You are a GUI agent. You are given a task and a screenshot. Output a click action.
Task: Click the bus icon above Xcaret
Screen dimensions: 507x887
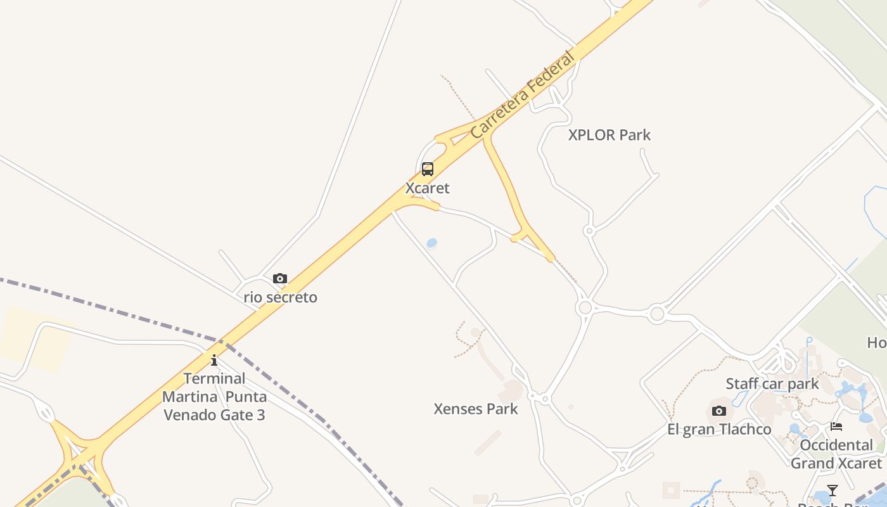(428, 169)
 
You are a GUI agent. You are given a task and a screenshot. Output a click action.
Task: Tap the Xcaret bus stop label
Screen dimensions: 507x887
(428, 188)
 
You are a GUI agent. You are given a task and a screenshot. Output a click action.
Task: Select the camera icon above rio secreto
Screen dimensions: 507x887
(280, 279)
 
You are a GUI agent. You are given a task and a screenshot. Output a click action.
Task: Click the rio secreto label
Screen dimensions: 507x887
(281, 297)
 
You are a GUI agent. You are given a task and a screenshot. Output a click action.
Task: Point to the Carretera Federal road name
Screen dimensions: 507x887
(523, 94)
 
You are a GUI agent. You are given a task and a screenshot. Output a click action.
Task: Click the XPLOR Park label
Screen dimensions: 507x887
(609, 135)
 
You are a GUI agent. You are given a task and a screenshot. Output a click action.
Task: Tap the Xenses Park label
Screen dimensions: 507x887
(476, 409)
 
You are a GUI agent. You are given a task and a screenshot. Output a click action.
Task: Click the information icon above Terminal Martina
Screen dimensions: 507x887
(214, 361)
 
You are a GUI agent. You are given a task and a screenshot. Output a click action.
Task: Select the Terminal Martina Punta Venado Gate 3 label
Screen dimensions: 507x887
(214, 397)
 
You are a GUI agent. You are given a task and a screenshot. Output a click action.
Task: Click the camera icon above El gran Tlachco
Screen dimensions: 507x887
(718, 411)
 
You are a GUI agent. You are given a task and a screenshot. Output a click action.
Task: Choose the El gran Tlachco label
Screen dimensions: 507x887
(719, 430)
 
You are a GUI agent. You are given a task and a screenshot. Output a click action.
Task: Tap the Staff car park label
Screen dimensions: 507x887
(772, 384)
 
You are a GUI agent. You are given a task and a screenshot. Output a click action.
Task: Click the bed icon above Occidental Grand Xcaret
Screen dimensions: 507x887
(836, 427)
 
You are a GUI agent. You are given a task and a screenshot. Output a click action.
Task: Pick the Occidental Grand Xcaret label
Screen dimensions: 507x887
(836, 454)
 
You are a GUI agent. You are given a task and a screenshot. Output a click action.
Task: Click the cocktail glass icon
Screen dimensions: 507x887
(833, 491)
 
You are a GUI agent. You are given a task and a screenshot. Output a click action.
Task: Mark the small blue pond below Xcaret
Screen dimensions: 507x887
(432, 243)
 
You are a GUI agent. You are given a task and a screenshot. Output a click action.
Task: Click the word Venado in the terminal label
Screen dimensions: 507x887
(189, 415)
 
